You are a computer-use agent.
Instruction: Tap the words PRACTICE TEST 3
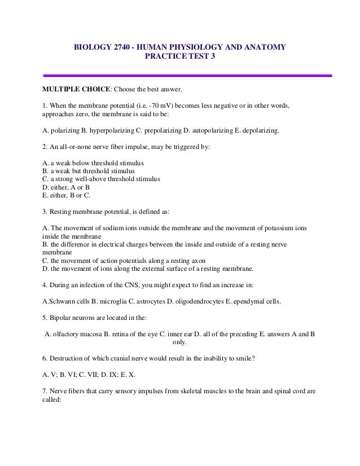(180, 57)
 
